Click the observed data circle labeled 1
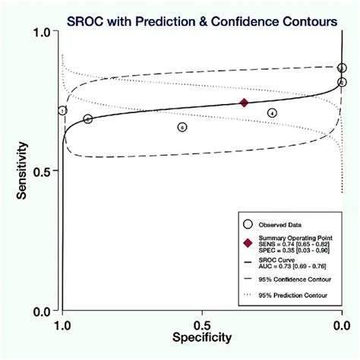click(x=62, y=111)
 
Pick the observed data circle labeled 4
click(x=272, y=113)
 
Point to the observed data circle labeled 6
click(x=182, y=127)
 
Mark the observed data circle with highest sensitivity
click(x=343, y=68)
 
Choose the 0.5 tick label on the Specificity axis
click(x=202, y=324)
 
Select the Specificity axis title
click(x=202, y=339)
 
